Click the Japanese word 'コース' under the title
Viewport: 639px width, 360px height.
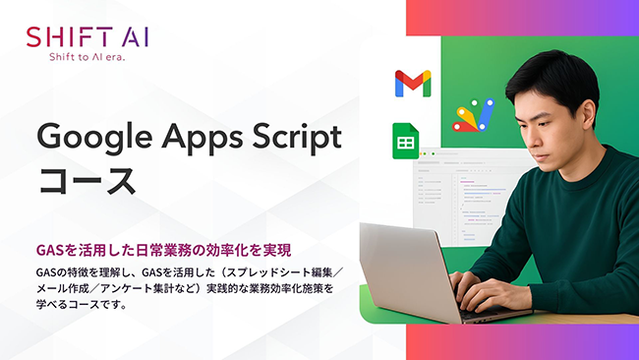tap(87, 181)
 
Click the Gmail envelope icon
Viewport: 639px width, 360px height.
tap(412, 84)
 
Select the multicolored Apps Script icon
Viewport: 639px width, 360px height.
tap(472, 115)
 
